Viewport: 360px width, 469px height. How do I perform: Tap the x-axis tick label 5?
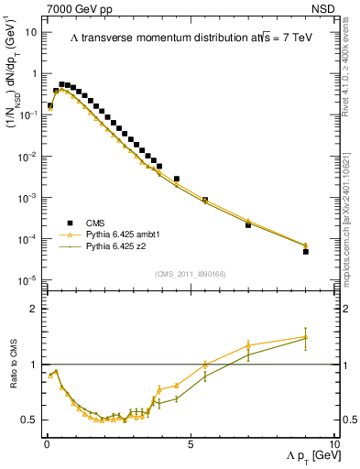click(190, 443)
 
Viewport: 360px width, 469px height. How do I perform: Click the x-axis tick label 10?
click(333, 443)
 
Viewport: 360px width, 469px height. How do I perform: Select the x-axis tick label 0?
click(47, 443)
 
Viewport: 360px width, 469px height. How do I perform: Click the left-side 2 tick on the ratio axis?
click(35, 309)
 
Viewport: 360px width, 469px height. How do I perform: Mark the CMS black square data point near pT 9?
click(305, 251)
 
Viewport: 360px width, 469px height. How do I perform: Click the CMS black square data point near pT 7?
click(248, 224)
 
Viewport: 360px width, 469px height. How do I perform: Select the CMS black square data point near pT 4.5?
click(177, 179)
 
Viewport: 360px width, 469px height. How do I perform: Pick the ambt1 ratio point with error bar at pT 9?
click(305, 336)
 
